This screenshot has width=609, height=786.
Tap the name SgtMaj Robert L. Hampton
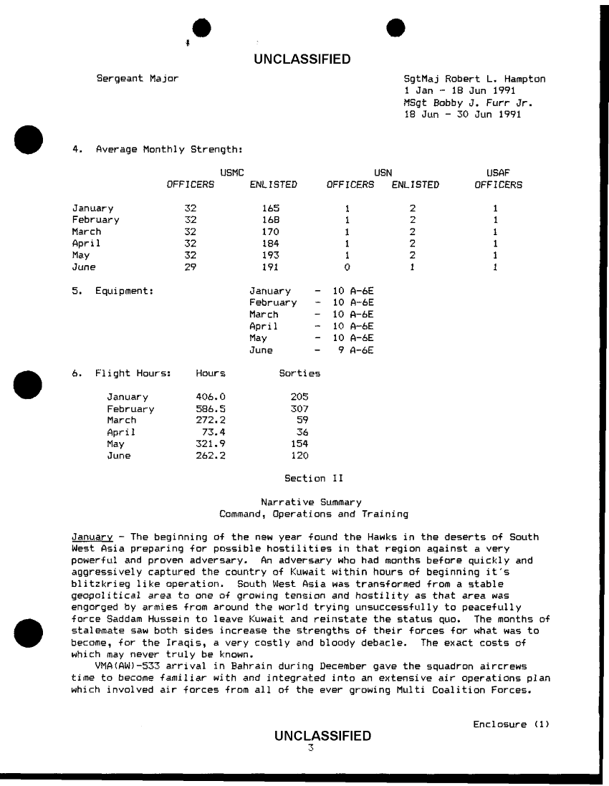pyautogui.click(x=475, y=79)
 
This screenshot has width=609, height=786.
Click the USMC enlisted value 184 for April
pyautogui.click(x=269, y=243)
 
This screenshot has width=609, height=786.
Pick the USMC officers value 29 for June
pyautogui.click(x=190, y=267)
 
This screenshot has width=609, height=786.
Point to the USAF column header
pyautogui.click(x=498, y=173)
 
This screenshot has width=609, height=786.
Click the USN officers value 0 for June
pyautogui.click(x=347, y=267)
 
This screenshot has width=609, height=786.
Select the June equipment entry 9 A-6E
pyautogui.click(x=356, y=350)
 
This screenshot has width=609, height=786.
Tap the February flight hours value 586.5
pyautogui.click(x=211, y=408)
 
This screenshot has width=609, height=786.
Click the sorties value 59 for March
pyautogui.click(x=302, y=420)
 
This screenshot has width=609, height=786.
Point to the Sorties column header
pyautogui.click(x=299, y=373)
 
